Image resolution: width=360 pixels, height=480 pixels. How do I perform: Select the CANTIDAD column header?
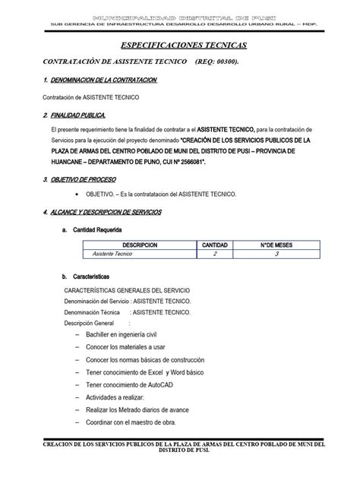coord(214,245)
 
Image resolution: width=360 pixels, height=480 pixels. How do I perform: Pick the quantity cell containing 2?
coord(214,255)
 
